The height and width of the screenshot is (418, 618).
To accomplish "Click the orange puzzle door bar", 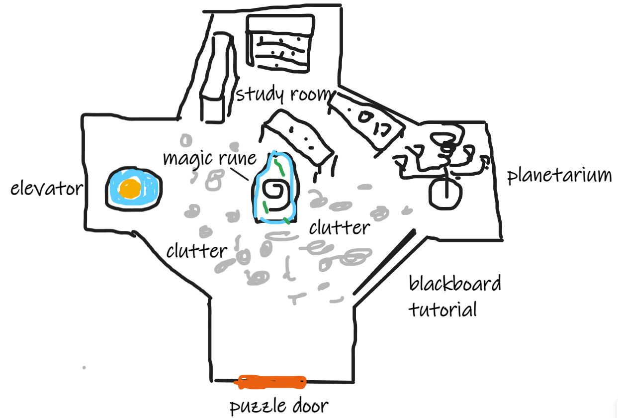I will click(x=271, y=382).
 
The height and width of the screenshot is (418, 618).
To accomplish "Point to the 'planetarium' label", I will click(x=559, y=176).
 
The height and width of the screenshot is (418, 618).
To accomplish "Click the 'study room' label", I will click(x=282, y=94).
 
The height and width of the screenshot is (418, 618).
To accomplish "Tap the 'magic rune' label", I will click(x=209, y=158).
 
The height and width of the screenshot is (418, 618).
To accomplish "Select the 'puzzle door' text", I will click(x=278, y=406).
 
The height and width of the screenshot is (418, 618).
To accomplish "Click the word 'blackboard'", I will click(x=454, y=284).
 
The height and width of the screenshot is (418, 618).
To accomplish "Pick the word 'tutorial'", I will click(x=442, y=309).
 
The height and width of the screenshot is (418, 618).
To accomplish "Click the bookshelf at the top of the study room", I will click(x=281, y=44).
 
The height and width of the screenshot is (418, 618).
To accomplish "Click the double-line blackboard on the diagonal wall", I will click(x=383, y=262).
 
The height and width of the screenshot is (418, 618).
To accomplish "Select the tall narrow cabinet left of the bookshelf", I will click(x=215, y=80).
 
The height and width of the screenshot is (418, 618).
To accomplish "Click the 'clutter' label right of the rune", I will click(x=340, y=227).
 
